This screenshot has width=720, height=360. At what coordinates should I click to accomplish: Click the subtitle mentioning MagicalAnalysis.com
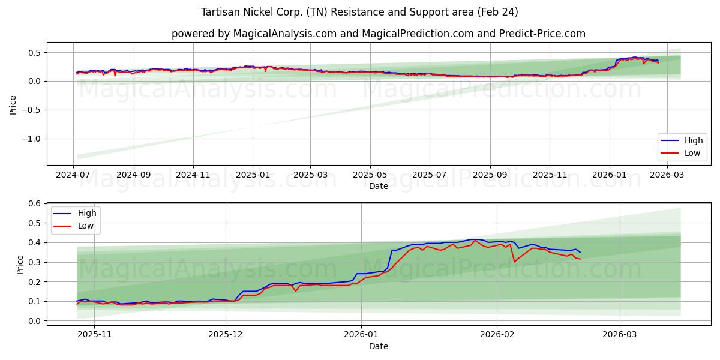pos(378,34)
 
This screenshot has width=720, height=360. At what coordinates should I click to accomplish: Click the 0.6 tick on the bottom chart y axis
pos(35,204)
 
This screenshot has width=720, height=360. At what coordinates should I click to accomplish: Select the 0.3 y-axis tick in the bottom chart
pos(35,262)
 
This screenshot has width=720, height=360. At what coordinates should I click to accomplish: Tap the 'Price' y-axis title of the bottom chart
pos(20,265)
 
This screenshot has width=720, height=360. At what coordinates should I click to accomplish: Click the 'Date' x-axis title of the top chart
pos(378,186)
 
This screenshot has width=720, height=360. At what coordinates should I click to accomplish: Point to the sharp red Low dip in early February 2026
pos(514,262)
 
